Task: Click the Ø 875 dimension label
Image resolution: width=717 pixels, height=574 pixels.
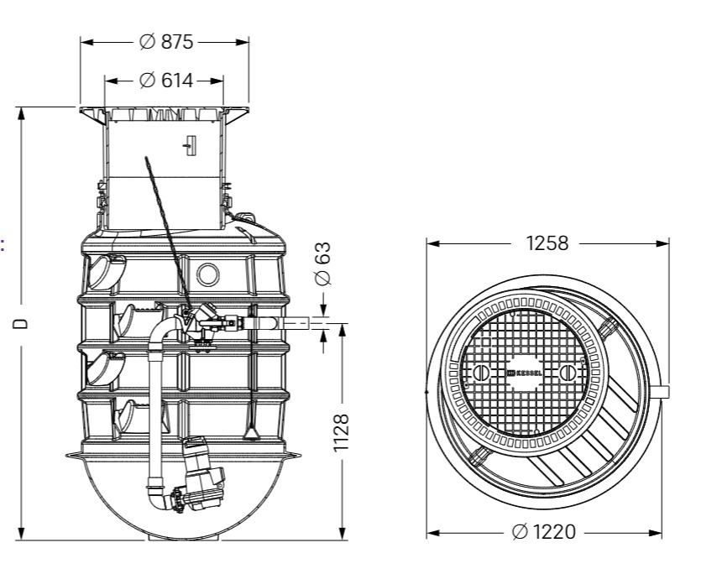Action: [166, 42]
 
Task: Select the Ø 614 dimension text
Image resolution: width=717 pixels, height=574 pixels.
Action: [166, 81]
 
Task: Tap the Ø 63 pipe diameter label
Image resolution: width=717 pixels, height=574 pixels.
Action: [323, 264]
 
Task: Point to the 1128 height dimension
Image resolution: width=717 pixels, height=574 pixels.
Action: [341, 432]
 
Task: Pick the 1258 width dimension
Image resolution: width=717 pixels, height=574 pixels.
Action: [547, 243]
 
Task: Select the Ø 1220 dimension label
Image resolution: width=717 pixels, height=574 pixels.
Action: [544, 532]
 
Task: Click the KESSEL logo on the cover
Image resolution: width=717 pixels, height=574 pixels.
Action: [525, 373]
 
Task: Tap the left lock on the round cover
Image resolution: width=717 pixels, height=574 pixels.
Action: [480, 373]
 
